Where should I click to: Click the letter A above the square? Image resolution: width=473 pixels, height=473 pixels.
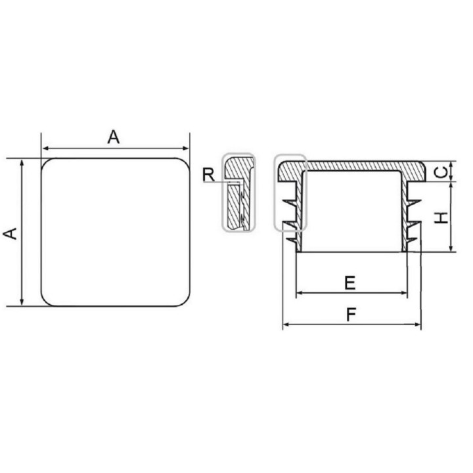pos(114,137)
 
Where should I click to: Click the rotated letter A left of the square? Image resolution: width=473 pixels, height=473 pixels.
pos(10,234)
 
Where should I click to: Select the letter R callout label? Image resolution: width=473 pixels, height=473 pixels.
pos(209,175)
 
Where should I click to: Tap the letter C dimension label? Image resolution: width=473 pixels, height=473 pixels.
pos(441,172)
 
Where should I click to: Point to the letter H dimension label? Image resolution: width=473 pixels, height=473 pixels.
pos(441,218)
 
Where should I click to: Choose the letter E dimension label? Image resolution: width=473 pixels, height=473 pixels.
pos(350,283)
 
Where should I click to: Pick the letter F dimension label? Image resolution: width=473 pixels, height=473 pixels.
pos(351,315)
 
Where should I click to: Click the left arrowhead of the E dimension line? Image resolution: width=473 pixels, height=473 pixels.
pos(300,292)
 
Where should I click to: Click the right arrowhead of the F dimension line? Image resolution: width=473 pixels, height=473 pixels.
pos(418,325)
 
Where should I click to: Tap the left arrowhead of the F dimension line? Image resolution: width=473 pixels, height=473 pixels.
pos(286,325)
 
